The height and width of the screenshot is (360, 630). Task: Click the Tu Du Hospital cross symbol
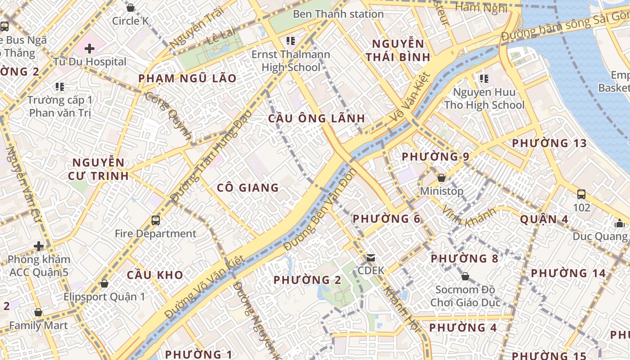[x=89, y=48]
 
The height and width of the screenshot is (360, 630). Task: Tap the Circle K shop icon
[x=130, y=8]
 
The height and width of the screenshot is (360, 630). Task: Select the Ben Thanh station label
[x=338, y=14]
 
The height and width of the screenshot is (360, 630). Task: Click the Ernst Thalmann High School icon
[x=291, y=41]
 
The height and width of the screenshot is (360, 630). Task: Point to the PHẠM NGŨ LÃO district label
[x=187, y=78]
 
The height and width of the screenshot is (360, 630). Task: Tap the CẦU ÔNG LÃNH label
[x=316, y=118]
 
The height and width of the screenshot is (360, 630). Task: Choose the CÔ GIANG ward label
[x=248, y=188]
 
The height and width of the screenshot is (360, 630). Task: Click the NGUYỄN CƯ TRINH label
[x=99, y=169]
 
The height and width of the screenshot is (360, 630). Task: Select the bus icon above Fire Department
[x=156, y=220]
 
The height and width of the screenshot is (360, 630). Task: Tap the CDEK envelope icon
[x=371, y=258]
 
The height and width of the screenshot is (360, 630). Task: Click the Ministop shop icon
[x=441, y=178]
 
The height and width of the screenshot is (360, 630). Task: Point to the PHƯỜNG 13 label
[x=549, y=144]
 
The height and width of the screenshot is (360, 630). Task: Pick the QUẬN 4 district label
[x=544, y=220]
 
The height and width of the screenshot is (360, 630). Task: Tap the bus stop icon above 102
[x=581, y=194]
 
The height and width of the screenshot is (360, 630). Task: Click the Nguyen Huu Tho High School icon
[x=484, y=79]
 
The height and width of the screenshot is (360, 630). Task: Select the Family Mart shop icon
[x=38, y=312]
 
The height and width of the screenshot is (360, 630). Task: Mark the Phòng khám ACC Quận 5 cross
[x=39, y=246]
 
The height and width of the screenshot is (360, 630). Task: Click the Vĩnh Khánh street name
[x=469, y=217]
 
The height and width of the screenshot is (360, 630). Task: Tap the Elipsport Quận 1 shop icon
[x=104, y=283]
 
